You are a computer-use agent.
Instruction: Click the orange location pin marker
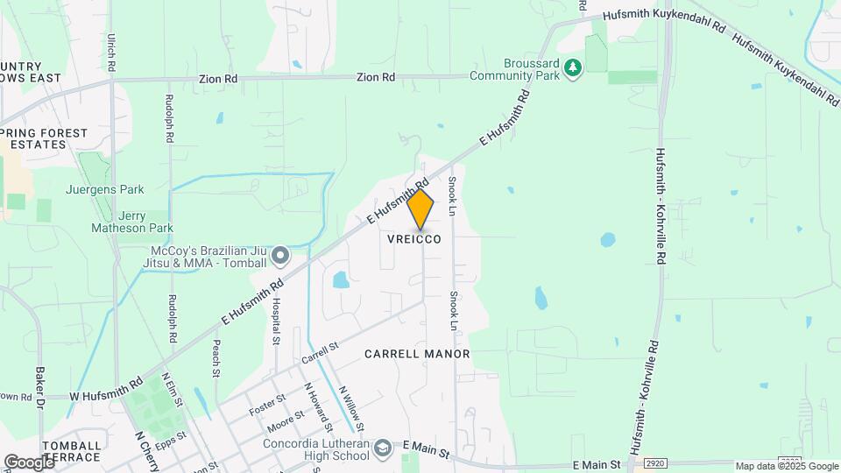pyautogui.click(x=420, y=209)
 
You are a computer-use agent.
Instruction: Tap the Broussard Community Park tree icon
pyautogui.click(x=573, y=67)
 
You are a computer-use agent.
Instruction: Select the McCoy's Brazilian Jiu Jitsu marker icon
pyautogui.click(x=280, y=256)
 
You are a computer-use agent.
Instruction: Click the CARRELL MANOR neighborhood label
pyautogui.click(x=418, y=354)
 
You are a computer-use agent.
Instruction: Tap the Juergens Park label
pyautogui.click(x=104, y=188)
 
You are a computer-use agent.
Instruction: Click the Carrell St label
pyautogui.click(x=320, y=354)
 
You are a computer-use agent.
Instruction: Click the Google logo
pyautogui.click(x=28, y=462)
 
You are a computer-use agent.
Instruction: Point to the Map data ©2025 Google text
pyautogui.click(x=787, y=466)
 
